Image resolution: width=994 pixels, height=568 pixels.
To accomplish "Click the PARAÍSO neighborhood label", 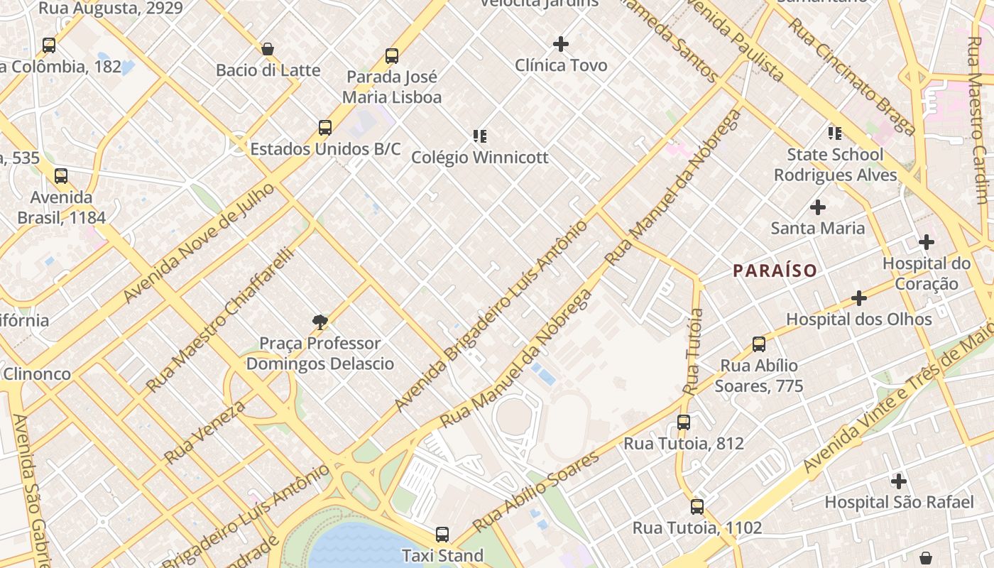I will click(775, 271).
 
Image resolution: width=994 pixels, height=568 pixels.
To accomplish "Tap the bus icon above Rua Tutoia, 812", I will click(684, 422).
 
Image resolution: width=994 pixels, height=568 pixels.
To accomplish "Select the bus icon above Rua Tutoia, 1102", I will click(697, 507).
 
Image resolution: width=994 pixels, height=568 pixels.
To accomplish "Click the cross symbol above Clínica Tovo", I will click(561, 44).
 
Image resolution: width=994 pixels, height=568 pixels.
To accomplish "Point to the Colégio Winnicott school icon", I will click(480, 136).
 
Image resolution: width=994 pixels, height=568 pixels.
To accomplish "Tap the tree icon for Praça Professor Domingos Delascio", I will click(320, 322).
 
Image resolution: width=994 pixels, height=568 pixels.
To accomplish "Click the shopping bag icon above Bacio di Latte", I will click(268, 49).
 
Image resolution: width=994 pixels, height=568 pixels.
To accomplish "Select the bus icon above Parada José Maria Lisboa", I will click(392, 56).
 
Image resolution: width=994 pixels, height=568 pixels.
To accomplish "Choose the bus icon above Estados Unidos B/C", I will click(325, 128).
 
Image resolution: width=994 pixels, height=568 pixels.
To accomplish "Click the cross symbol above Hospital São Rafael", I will click(899, 481).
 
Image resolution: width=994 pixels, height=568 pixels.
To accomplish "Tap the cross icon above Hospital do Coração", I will click(927, 243).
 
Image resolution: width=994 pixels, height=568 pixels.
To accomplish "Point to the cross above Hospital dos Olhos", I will click(859, 298).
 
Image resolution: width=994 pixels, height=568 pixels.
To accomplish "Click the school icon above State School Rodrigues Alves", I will click(835, 133).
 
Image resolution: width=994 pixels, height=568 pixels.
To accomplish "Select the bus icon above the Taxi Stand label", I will click(442, 535).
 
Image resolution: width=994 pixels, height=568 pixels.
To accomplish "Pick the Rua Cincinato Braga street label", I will click(851, 76).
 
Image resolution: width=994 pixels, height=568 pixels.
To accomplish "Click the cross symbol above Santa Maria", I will click(818, 207).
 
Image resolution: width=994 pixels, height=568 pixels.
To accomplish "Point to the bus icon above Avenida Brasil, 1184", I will click(61, 175).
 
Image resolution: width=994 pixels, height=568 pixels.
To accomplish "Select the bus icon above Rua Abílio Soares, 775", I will click(759, 344).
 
